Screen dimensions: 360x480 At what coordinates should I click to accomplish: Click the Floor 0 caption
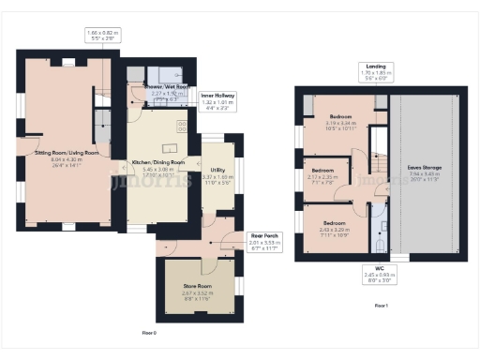coord(149,333)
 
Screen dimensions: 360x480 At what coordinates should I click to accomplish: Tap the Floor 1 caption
coord(381,306)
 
